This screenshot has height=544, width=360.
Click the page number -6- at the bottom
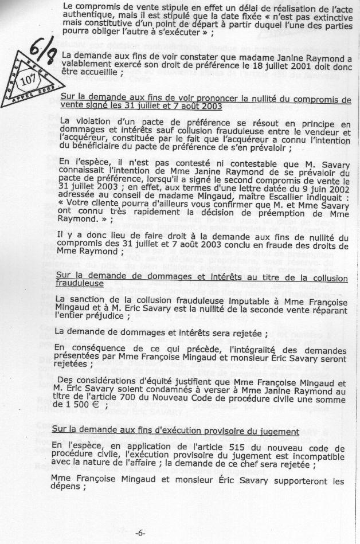[x=140, y=533]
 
